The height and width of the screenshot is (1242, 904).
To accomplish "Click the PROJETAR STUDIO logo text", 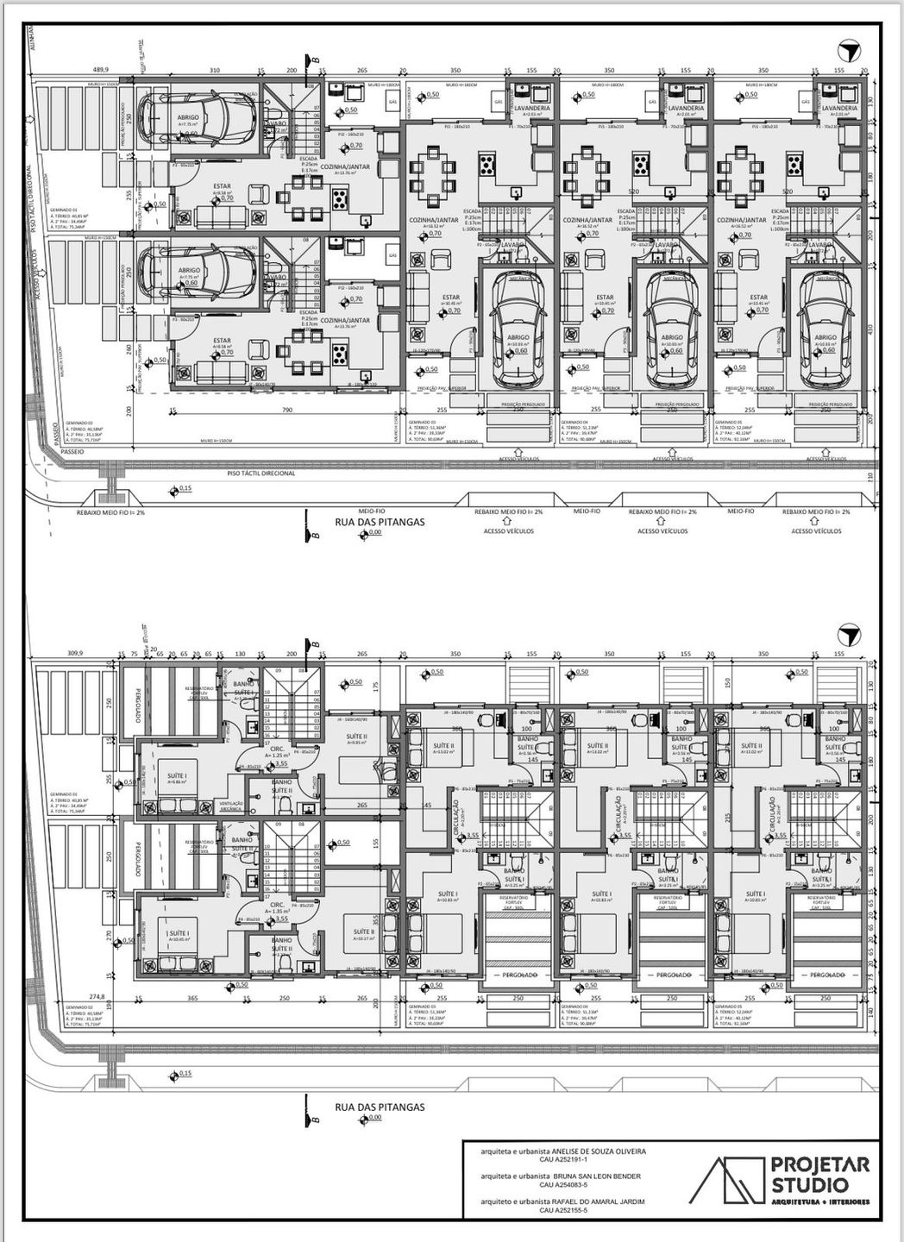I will [810, 1175].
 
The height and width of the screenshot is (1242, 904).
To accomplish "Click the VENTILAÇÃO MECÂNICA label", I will [233, 806].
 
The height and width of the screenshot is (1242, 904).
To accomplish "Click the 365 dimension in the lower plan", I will [193, 998].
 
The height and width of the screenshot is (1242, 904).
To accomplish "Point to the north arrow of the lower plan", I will [851, 636].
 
